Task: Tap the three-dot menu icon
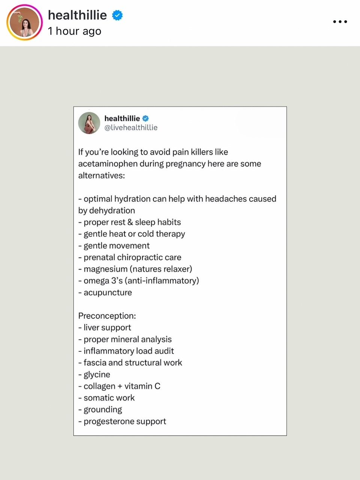click(x=340, y=22)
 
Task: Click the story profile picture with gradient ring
click(x=25, y=22)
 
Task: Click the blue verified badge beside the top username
click(x=117, y=15)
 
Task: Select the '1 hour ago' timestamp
click(x=75, y=31)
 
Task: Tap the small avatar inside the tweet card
click(x=89, y=123)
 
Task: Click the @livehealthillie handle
click(x=131, y=127)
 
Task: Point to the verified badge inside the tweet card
click(x=145, y=118)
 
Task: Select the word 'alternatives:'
click(x=102, y=175)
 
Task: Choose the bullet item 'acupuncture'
click(x=108, y=292)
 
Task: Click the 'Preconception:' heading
click(x=107, y=316)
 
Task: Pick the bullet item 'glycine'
click(x=97, y=374)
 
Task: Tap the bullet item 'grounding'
click(x=103, y=409)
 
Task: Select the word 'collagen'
click(x=99, y=386)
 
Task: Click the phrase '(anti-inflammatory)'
click(x=162, y=280)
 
